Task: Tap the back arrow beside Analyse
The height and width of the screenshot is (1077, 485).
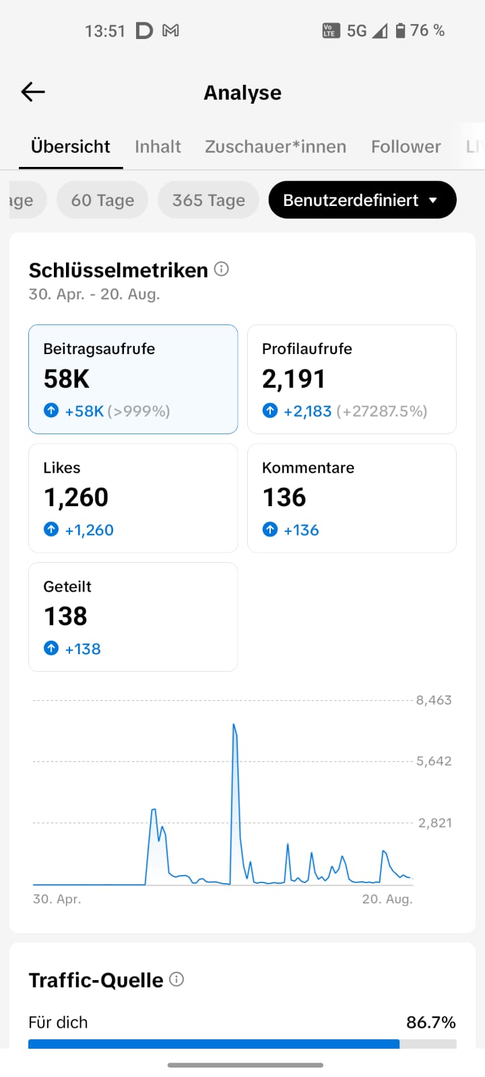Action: (33, 92)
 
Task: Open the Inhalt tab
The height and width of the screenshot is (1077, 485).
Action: (158, 147)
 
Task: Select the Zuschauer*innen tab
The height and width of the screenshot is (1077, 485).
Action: (276, 147)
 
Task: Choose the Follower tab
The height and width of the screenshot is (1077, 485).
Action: (406, 147)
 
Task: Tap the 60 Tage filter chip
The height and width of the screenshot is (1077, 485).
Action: (102, 200)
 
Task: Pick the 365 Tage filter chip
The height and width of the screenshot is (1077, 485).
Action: (208, 200)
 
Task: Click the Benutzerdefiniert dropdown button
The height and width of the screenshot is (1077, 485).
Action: (362, 200)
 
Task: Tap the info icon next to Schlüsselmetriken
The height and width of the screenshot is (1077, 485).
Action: (222, 269)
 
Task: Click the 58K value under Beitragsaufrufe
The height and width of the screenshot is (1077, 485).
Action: (67, 379)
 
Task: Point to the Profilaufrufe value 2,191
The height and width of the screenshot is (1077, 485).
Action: (294, 379)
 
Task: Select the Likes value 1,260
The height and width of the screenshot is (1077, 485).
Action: (76, 497)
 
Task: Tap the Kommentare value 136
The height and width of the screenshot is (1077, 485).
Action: (284, 497)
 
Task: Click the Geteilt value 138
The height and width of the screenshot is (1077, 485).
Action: (65, 617)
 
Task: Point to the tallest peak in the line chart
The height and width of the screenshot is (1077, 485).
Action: (234, 724)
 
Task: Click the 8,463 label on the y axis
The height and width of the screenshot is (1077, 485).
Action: (434, 700)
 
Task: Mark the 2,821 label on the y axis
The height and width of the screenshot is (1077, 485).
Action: (435, 823)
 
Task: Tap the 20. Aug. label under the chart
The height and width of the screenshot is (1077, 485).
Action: (387, 899)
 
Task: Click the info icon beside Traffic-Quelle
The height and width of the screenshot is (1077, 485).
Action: (176, 979)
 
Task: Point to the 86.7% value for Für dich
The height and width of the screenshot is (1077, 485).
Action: (431, 1022)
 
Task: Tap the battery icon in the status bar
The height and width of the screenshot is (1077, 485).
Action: (400, 31)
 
